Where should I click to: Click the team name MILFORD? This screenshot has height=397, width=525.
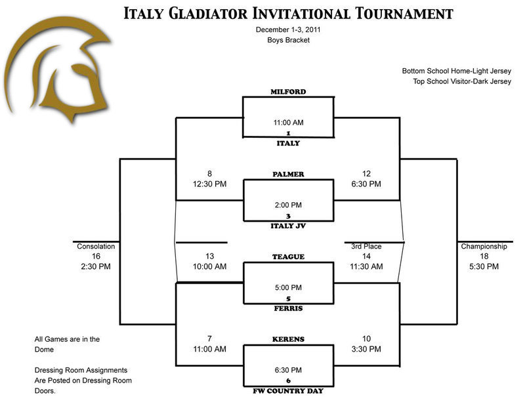(288, 93)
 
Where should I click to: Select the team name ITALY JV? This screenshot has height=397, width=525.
(288, 226)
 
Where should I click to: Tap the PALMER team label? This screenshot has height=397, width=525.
(288, 175)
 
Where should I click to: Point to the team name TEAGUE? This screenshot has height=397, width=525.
(288, 257)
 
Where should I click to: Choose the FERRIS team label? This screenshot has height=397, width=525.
(288, 308)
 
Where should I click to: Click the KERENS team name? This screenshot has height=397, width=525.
(288, 339)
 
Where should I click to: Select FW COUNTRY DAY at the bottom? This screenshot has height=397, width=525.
(288, 390)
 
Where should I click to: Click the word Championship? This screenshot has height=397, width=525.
(484, 247)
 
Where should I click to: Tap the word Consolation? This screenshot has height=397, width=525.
(96, 247)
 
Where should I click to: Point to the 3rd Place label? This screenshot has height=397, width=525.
(366, 247)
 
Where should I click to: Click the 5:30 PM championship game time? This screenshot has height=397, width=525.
(484, 267)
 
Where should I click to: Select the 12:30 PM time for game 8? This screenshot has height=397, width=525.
(209, 184)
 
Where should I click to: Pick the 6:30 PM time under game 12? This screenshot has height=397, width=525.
(366, 184)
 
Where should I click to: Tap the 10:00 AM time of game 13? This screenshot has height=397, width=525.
(209, 267)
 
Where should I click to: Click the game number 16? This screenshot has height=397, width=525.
(96, 257)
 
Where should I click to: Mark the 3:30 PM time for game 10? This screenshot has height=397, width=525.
(366, 349)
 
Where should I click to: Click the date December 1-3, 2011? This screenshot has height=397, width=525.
(288, 30)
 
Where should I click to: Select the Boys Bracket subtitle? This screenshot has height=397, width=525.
(288, 41)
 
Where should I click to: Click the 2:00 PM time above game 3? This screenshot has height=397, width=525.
(288, 205)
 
